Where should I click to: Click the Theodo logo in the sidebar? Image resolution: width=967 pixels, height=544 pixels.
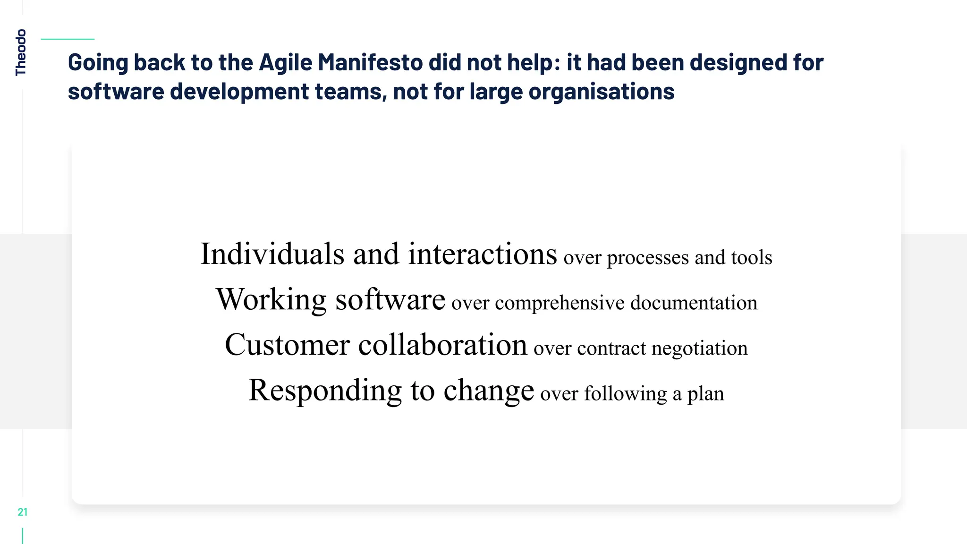21,52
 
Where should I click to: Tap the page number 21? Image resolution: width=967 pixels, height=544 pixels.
23,512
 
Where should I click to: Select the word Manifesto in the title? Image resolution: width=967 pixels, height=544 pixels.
370,63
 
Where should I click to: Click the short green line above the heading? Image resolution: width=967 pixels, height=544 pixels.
68,39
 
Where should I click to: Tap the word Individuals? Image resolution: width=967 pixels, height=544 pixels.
272,254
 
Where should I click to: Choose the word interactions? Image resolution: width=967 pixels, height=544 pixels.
482,254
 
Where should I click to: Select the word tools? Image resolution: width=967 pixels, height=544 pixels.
752,257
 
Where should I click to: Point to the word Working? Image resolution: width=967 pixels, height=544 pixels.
271,299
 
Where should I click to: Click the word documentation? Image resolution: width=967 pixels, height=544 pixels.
694,303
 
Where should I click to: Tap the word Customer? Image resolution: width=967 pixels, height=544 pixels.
287,345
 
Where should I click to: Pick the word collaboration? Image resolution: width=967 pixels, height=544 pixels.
442,345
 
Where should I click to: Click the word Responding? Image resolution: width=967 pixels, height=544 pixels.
325,391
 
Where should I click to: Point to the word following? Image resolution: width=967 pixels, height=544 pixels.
626,394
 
